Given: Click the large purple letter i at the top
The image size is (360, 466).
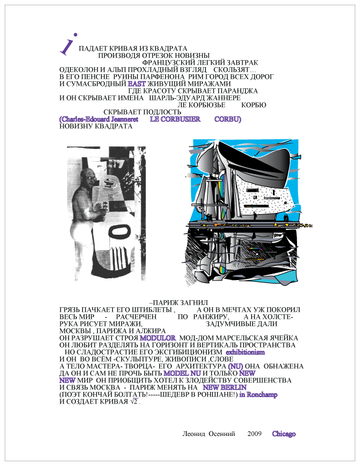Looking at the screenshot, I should (x=68, y=43).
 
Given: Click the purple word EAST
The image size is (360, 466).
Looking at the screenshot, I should (x=136, y=84).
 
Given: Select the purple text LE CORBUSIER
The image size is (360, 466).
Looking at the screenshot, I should (x=172, y=119).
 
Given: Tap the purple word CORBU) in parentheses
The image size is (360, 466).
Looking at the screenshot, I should (x=228, y=119).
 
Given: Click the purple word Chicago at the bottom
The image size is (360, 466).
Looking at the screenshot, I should (x=284, y=434).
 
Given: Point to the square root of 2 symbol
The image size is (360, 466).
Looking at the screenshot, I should (x=134, y=402).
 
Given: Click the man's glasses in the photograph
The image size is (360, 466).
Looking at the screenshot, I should (x=89, y=177).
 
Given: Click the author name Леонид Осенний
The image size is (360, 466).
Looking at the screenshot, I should (x=206, y=434).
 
